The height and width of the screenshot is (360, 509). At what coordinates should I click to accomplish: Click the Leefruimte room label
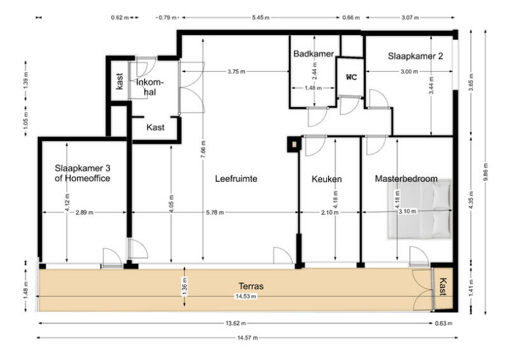point(236,179)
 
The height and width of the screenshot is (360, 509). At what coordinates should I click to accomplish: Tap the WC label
point(351,77)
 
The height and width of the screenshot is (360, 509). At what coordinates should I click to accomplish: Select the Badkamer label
point(313,53)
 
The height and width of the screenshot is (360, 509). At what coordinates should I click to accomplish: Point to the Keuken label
point(326,179)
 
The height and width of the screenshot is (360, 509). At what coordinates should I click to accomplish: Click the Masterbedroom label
point(406,179)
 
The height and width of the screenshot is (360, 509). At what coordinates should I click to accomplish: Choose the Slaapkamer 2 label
point(415,56)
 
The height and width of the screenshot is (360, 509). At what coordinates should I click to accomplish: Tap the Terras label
point(251,286)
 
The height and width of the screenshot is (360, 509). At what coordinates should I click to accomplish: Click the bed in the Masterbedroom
point(419,209)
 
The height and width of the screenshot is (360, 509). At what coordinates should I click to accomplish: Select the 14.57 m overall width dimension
point(248,338)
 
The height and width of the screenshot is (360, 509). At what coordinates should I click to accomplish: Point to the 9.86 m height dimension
point(485,172)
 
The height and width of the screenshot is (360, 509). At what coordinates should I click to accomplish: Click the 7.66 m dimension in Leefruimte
point(203,149)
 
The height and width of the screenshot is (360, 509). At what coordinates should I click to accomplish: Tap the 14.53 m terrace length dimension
point(246,296)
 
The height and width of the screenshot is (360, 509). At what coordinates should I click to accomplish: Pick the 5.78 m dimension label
point(215,212)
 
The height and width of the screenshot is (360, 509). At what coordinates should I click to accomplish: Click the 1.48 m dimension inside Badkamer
point(313,88)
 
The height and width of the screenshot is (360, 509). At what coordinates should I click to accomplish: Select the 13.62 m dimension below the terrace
point(235,323)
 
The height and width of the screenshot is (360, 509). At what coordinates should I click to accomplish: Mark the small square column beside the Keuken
point(294,144)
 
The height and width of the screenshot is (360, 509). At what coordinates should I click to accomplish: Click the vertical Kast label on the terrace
point(443,287)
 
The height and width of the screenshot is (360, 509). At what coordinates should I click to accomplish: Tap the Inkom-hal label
point(150,87)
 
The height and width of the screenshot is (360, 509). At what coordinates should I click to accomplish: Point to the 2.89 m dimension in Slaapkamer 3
point(84,212)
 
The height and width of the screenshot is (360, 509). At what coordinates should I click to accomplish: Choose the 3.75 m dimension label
point(236,72)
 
